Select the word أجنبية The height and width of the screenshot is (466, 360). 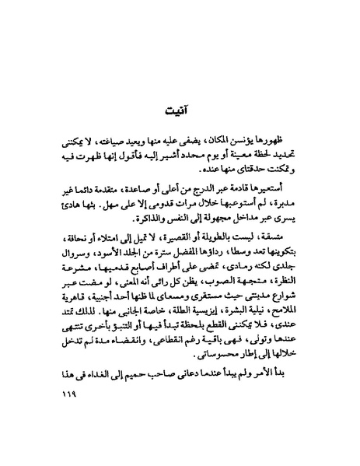[115, 316]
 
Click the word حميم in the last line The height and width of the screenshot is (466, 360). [134, 400]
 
